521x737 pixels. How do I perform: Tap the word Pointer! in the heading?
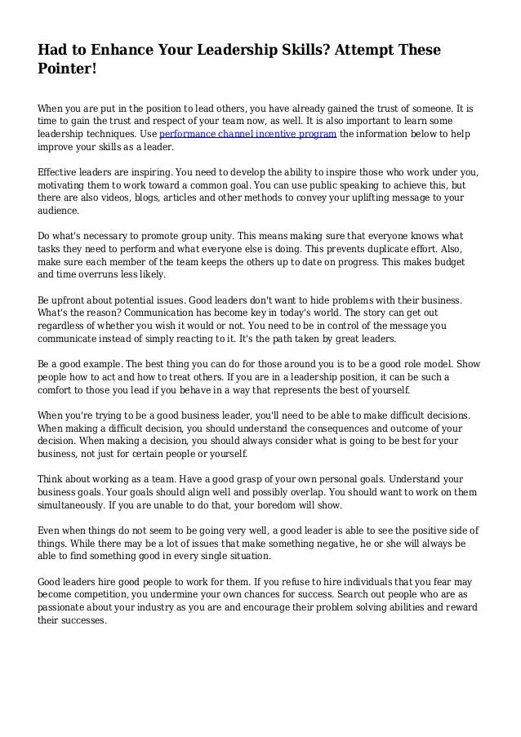point(68,71)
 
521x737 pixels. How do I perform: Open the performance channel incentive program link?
point(247,135)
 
